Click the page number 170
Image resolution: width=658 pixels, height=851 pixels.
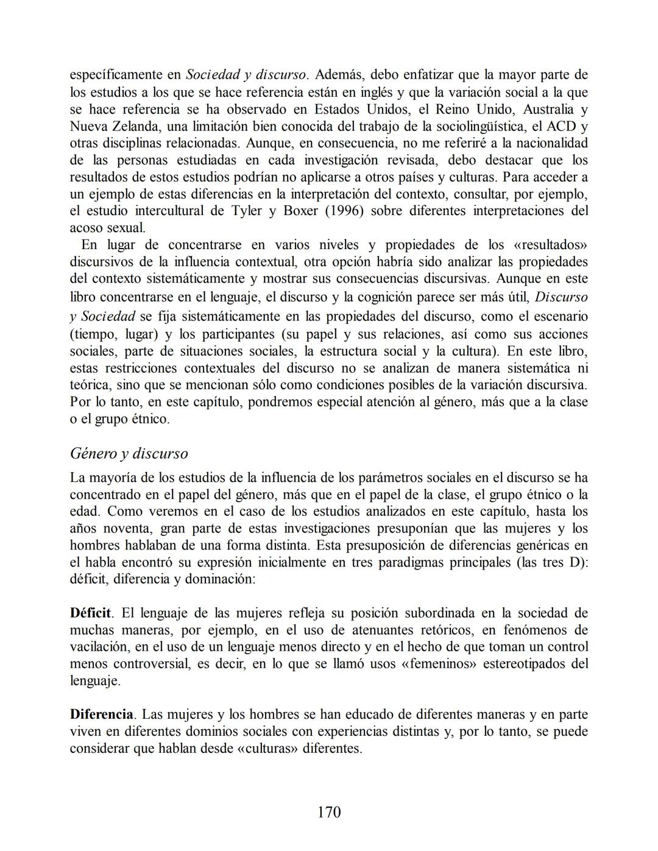click(x=329, y=812)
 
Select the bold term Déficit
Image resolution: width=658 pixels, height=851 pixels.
click(x=90, y=613)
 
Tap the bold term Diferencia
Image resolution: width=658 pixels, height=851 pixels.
click(x=101, y=714)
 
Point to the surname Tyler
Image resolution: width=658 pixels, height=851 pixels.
click(x=248, y=211)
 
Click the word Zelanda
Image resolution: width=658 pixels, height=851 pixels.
click(x=132, y=127)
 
